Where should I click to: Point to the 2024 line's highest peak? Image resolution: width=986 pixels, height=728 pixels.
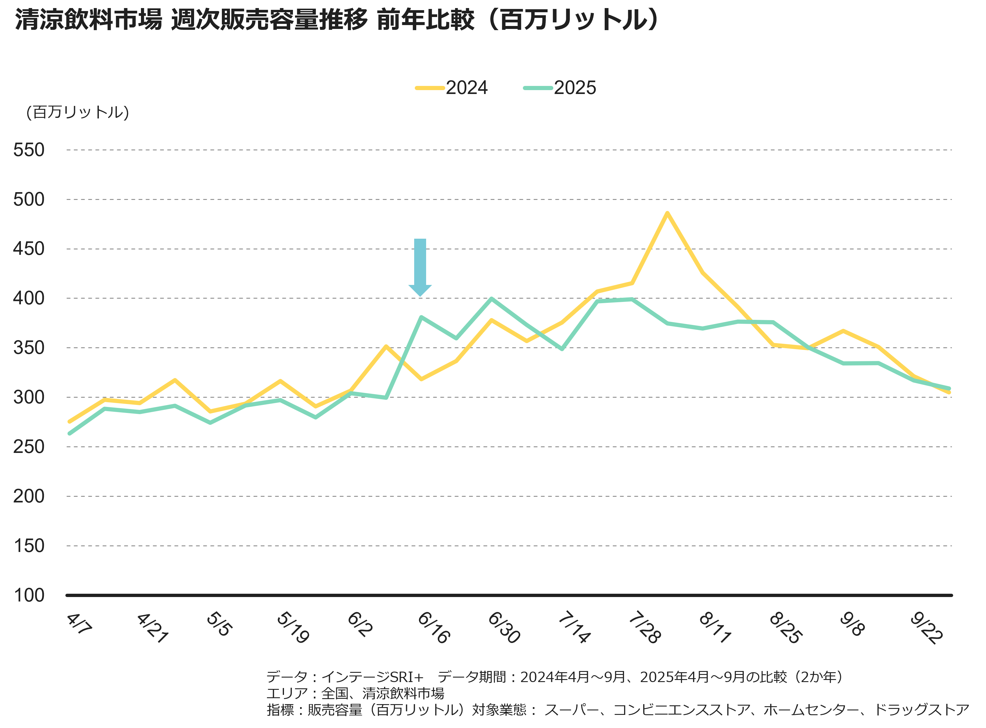667,213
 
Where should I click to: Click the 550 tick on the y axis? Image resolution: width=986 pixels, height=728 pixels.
29,150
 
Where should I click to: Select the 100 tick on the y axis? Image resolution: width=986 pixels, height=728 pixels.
29,595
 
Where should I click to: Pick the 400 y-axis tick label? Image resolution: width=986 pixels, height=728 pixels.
29,298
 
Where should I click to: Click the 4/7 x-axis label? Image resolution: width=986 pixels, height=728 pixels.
79,624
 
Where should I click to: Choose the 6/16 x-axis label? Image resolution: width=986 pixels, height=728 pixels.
434,628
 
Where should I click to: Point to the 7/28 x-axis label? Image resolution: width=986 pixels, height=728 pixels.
644,628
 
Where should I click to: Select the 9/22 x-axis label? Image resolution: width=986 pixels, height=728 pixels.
926,628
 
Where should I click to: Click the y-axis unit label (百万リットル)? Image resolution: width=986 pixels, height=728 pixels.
78,112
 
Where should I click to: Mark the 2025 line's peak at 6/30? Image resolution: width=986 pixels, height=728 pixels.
491,299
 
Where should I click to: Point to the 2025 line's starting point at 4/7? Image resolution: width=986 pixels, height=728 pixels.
70,434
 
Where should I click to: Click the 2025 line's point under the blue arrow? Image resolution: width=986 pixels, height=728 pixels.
421,317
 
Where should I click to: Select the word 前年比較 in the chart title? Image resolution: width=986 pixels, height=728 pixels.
426,20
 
